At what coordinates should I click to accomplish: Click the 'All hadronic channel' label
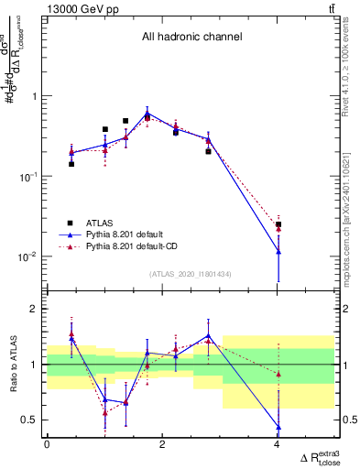click(191, 38)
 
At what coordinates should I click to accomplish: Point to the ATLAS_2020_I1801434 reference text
click(191, 274)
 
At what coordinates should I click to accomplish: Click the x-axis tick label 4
click(278, 445)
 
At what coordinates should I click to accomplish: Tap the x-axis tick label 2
click(162, 445)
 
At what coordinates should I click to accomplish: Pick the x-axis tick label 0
click(47, 445)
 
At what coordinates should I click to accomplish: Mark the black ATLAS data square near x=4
click(278, 224)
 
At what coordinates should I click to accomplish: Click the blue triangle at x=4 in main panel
click(278, 251)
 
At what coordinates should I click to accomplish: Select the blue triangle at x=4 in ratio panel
click(278, 427)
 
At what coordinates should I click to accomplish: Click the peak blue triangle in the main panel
click(147, 114)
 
